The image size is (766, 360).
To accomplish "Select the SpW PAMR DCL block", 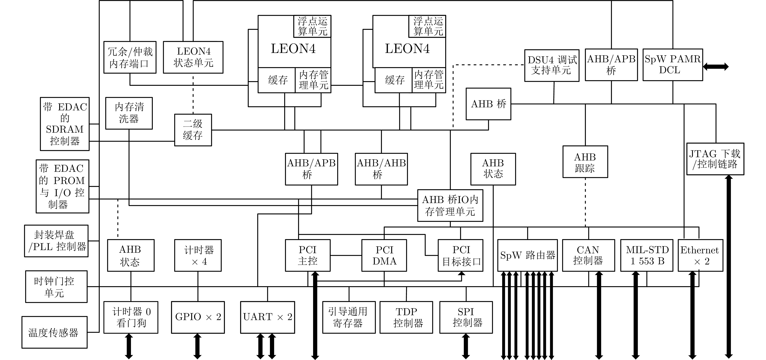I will point(673,64).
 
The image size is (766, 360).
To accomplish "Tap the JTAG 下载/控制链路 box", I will point(715,159).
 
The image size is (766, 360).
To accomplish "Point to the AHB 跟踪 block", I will point(585,162).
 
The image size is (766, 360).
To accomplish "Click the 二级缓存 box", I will point(193,130).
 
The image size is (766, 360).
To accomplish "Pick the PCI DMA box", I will point(384,255).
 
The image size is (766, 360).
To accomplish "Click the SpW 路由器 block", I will point(527,255).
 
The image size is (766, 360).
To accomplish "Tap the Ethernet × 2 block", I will point(700,255).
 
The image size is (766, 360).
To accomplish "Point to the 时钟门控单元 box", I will point(56,287).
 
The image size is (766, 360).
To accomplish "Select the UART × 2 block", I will point(267,317).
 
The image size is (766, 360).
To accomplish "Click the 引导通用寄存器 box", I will point(349,317).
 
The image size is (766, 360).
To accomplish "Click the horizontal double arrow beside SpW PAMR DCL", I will point(716,67).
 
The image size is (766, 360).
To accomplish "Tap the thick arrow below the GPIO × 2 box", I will point(197,346).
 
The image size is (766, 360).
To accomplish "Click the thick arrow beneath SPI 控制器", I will point(466,346).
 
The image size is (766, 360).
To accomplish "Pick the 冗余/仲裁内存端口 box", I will point(130,57).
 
